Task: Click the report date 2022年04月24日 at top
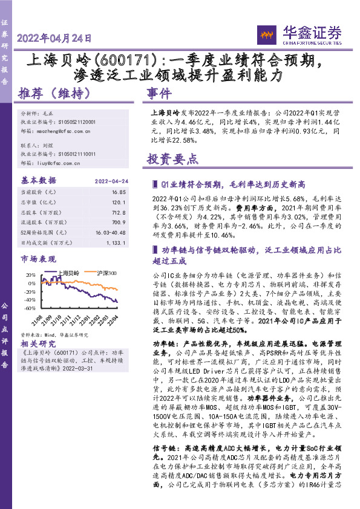pos(55,38)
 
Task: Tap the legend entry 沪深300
pos(106,273)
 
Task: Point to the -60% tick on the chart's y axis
pos(28,308)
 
